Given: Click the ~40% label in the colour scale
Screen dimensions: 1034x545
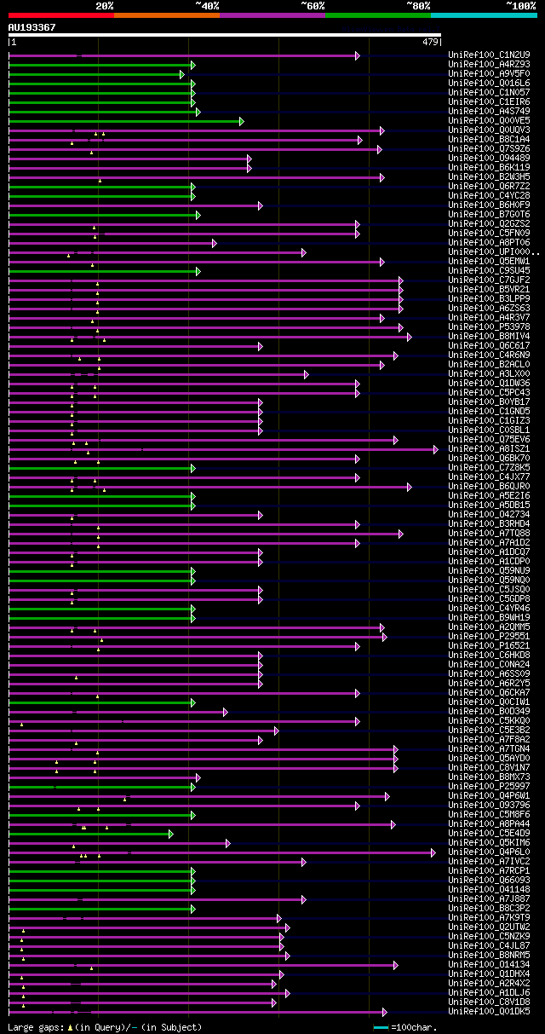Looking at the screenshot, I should tap(207, 5).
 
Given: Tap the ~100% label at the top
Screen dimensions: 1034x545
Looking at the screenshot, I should tap(519, 5).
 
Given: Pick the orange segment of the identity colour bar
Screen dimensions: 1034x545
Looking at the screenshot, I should tap(166, 15).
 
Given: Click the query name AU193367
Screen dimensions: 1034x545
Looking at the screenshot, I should tap(32, 27).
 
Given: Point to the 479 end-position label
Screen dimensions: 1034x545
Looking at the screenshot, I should tap(429, 42).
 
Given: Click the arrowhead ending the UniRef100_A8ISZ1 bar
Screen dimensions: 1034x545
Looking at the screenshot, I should tap(435, 449).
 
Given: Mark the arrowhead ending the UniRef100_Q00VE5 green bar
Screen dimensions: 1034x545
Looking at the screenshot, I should tap(242, 121).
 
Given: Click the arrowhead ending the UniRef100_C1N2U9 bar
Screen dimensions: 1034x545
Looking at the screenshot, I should tap(358, 55).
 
